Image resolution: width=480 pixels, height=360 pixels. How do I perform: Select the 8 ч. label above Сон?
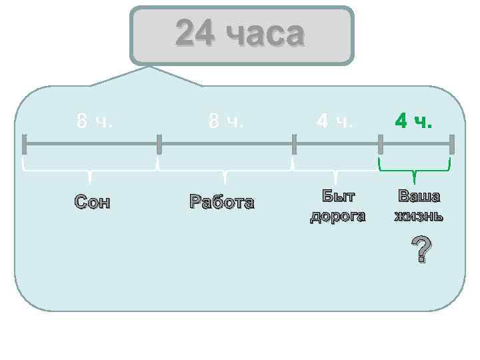coord(94,121)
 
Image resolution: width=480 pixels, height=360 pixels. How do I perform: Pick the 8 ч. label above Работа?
coord(226,121)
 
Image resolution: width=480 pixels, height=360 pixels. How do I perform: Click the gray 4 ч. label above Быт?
coord(335,121)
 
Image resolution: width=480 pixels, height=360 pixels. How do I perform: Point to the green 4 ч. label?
coord(414,121)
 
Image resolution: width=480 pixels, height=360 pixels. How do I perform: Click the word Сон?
coord(92,201)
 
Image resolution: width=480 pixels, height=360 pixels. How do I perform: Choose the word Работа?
coord(222,201)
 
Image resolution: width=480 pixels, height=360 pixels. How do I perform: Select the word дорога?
coord(338,216)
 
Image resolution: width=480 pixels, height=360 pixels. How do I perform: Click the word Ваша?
coord(419,196)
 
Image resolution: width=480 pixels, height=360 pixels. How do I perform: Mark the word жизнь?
coord(419,216)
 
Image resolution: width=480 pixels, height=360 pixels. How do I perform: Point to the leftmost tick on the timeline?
coord(25,143)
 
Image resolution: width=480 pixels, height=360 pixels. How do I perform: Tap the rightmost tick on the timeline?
coord(452,143)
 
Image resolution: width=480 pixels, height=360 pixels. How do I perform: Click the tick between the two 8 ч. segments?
coord(159,143)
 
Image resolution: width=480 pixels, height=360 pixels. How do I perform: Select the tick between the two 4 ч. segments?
coord(381,143)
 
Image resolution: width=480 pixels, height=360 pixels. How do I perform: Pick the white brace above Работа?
coord(225,171)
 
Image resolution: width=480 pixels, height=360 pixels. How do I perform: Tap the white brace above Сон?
coord(90,171)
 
